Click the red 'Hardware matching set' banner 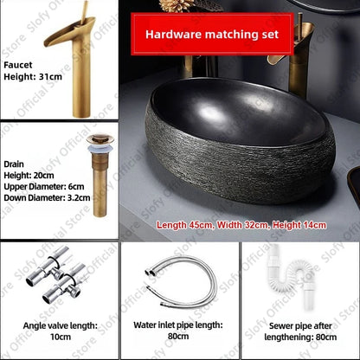[211, 35]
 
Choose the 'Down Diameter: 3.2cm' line [46, 196]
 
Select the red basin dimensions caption [241, 225]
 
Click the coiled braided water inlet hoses [180, 279]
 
